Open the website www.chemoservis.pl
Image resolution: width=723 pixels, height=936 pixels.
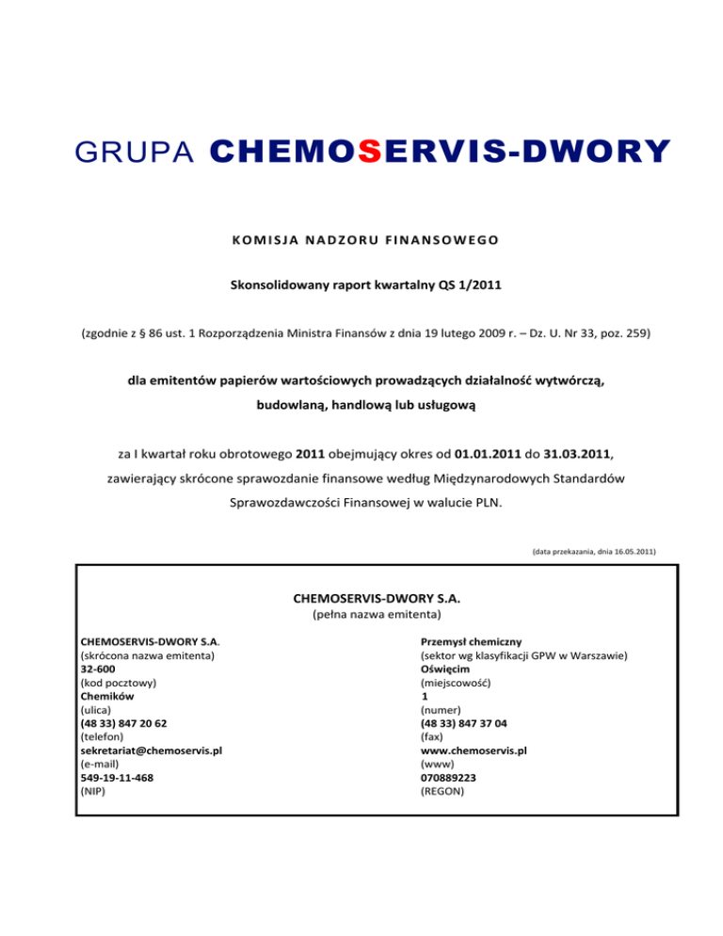pyautogui.click(x=474, y=750)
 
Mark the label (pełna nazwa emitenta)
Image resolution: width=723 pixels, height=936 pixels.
pyautogui.click(x=375, y=615)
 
